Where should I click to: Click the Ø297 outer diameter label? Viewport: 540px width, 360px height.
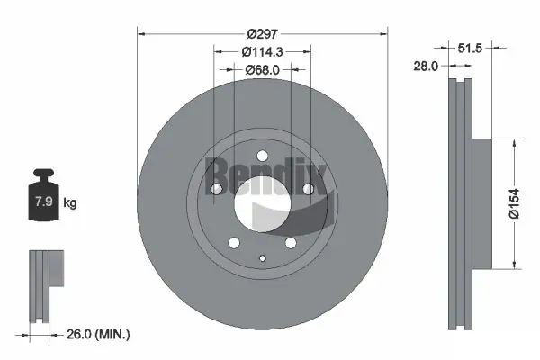coord(262,26)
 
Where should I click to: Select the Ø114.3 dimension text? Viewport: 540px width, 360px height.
coord(262,52)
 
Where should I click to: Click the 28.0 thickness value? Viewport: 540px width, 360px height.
coord(426,67)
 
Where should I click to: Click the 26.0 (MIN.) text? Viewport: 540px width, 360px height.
coord(100,334)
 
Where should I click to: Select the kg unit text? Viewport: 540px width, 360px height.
coord(70,203)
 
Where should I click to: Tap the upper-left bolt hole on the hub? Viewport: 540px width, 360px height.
coord(216,188)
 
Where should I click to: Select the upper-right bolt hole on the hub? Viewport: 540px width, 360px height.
coord(309,188)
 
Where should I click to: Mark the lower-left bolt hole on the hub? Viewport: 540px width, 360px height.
coord(234,243)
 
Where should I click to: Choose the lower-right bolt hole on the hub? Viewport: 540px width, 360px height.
coord(291,243)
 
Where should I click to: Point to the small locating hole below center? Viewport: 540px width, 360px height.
coord(262,260)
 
